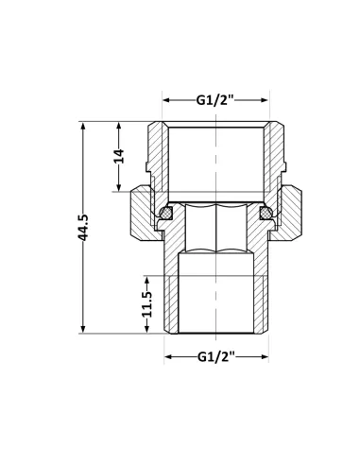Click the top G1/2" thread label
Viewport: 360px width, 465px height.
(x=215, y=100)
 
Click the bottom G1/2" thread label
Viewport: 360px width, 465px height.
(x=216, y=357)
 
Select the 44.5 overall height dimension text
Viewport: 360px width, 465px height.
(x=83, y=228)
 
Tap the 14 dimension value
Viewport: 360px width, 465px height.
(x=119, y=156)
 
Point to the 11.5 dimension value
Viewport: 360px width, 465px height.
(x=146, y=304)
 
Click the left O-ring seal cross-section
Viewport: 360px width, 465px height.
(x=165, y=213)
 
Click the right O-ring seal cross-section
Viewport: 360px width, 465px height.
(x=266, y=213)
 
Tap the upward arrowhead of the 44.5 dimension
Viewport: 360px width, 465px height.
(x=83, y=126)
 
